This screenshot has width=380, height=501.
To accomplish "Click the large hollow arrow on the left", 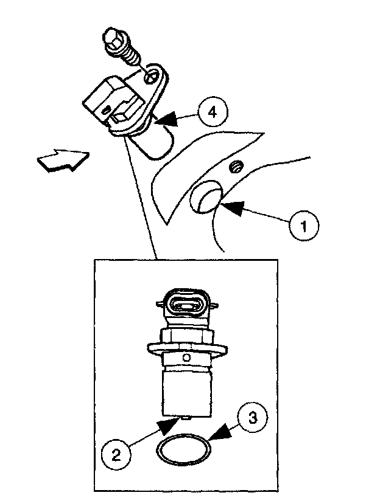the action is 62,161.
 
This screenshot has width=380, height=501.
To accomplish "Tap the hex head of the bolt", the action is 113,38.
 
